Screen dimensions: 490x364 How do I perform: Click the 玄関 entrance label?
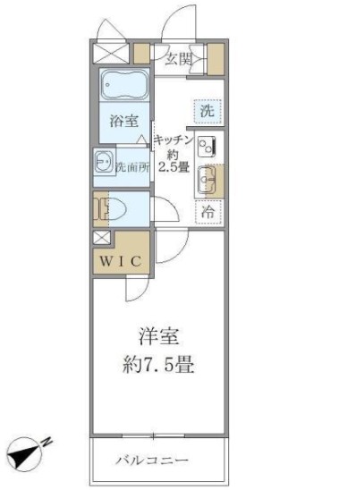point(178,59)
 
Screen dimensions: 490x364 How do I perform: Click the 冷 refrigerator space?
point(207,212)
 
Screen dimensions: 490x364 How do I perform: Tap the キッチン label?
point(170,139)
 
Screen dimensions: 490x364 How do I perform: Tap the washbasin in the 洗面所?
point(101,165)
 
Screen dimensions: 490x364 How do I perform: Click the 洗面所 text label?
point(131,167)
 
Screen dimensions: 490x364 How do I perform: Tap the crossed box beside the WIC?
point(100,239)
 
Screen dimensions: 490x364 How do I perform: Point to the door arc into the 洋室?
point(170,243)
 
